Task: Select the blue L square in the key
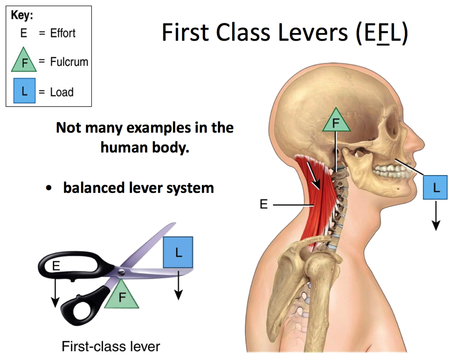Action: click(x=24, y=91)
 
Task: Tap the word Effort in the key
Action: click(x=62, y=33)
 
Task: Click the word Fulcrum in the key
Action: click(x=69, y=62)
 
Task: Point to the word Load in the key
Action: click(x=62, y=92)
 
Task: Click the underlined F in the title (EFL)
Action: click(x=383, y=33)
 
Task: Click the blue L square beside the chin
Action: click(x=435, y=187)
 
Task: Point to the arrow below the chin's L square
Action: click(x=436, y=216)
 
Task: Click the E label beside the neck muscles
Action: click(x=264, y=204)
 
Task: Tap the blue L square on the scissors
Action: click(x=178, y=252)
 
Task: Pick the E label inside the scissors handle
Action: click(x=56, y=266)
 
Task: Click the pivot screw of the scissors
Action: click(x=121, y=272)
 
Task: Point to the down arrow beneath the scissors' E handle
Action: click(x=55, y=293)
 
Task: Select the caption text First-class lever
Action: click(x=111, y=346)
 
